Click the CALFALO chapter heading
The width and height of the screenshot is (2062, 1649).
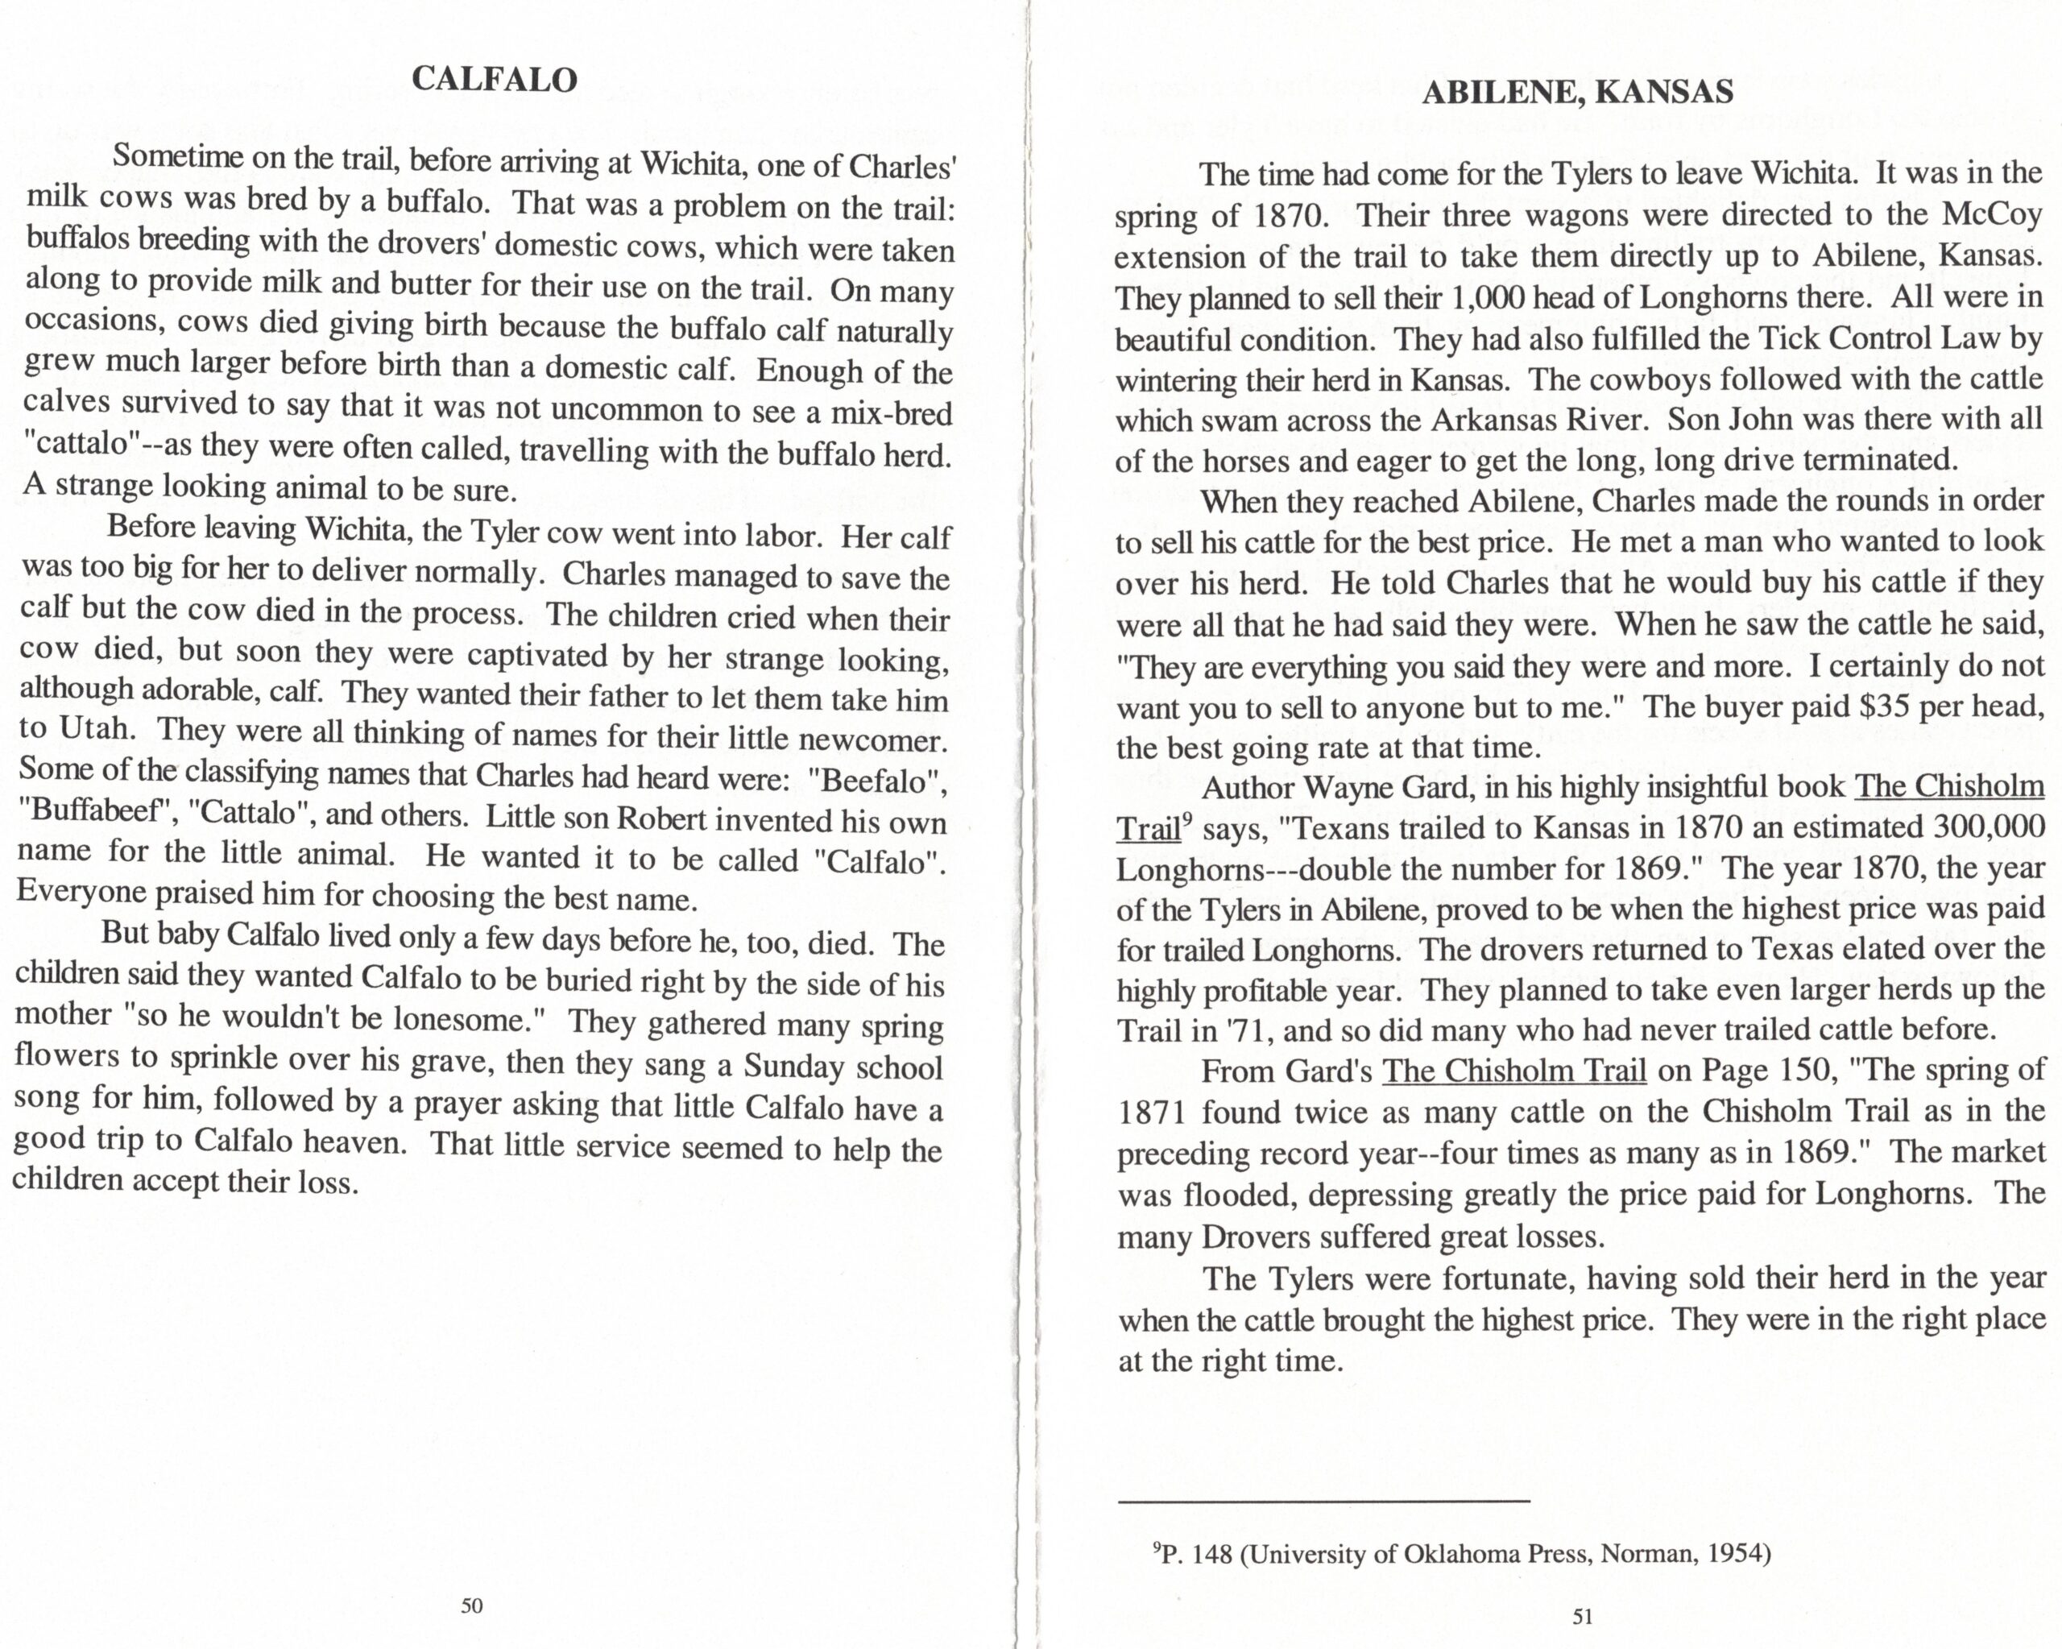coord(495,80)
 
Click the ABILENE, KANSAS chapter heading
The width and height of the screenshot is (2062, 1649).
coord(1577,93)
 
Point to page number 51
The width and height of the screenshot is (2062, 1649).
coord(1583,1617)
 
